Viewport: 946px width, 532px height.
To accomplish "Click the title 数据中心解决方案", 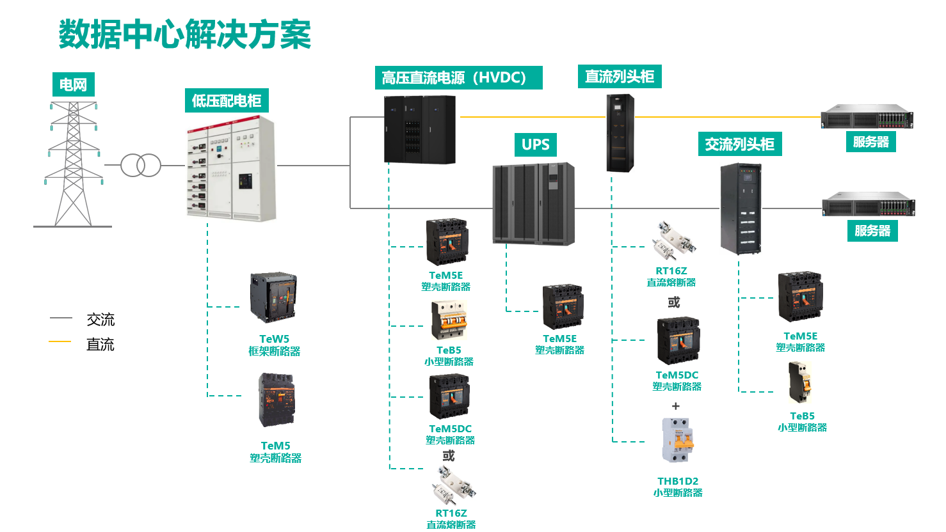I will pyautogui.click(x=184, y=35).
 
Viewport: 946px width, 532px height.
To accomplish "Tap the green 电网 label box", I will pyautogui.click(x=73, y=84).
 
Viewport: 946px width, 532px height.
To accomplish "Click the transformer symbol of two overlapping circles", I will pyautogui.click(x=141, y=166).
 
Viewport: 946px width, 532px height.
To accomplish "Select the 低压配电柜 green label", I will pyautogui.click(x=227, y=101).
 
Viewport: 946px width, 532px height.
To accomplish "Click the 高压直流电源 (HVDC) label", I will pyautogui.click(x=458, y=78).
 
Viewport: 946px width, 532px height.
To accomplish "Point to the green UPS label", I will pyautogui.click(x=535, y=145).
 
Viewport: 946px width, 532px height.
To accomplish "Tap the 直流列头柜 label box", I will pyautogui.click(x=619, y=77).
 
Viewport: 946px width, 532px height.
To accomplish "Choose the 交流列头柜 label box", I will pyautogui.click(x=739, y=145).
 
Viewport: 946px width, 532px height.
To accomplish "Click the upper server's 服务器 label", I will pyautogui.click(x=870, y=142).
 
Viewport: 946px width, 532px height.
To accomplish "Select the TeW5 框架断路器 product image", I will pyautogui.click(x=273, y=297).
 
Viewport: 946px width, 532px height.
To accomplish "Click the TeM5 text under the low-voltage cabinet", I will pyautogui.click(x=275, y=446).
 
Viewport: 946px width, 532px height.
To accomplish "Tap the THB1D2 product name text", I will pyautogui.click(x=678, y=481).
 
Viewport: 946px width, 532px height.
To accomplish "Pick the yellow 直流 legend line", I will pyautogui.click(x=60, y=342).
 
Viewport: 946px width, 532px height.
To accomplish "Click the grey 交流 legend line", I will pyautogui.click(x=61, y=318).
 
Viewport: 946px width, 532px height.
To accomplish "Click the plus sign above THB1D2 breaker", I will pyautogui.click(x=675, y=406).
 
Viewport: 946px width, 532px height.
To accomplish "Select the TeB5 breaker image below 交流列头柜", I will pyautogui.click(x=800, y=382).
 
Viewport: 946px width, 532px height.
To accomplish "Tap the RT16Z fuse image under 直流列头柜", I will pyautogui.click(x=673, y=241).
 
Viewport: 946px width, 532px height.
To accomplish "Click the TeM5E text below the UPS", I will pyautogui.click(x=559, y=338).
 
